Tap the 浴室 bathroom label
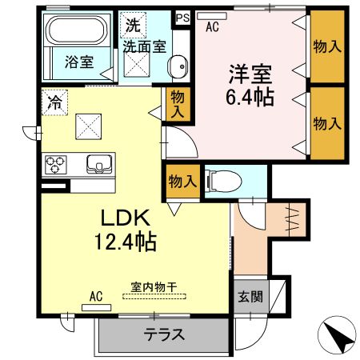(x=78, y=61)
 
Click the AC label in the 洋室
(x=212, y=26)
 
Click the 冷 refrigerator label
(x=54, y=102)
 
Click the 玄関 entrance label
(x=249, y=296)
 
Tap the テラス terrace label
(x=165, y=335)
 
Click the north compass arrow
(x=341, y=334)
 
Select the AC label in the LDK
(x=96, y=297)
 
